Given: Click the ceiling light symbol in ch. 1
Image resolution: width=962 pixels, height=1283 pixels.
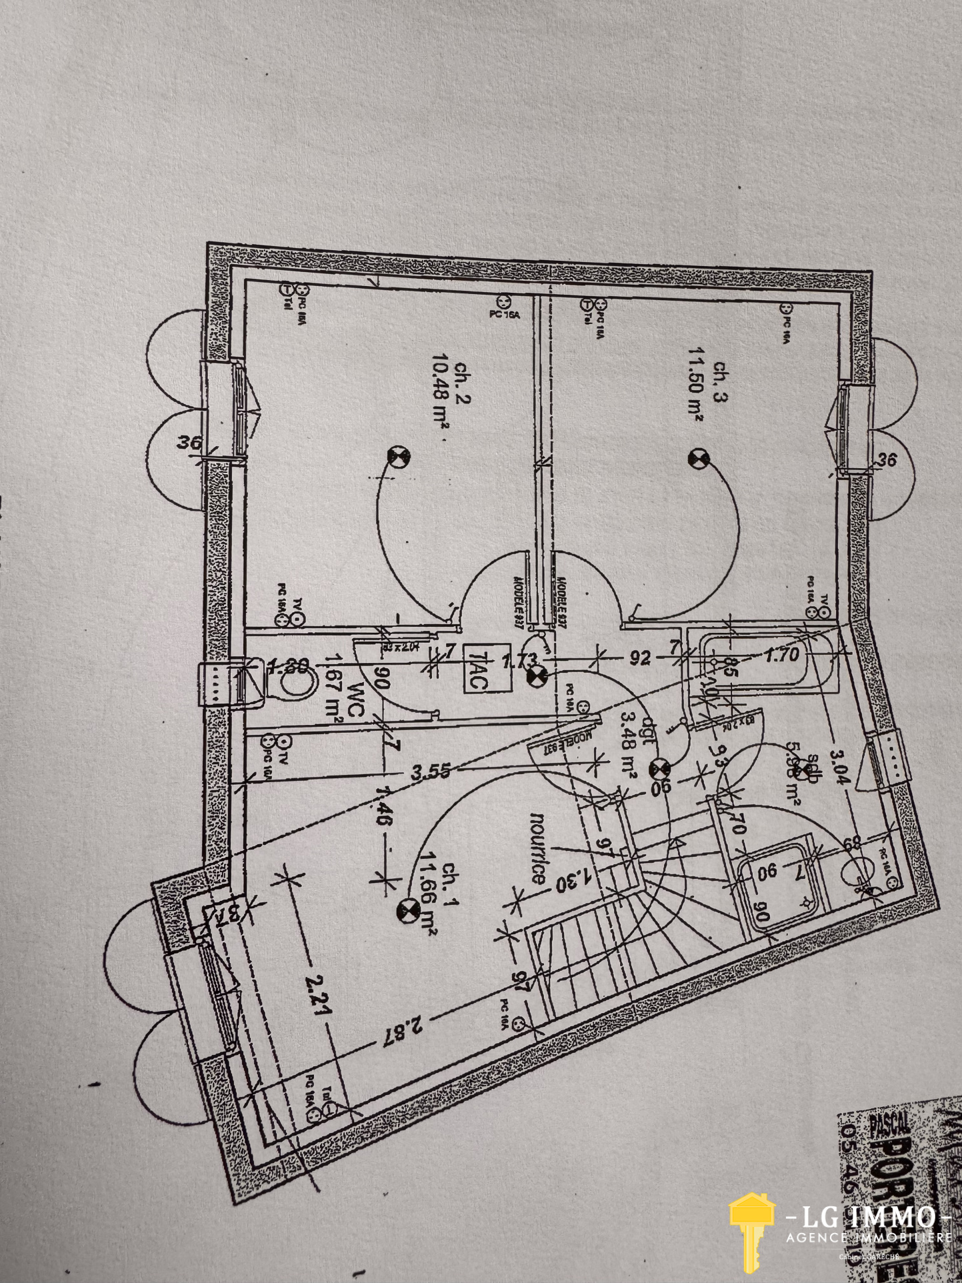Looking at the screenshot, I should pos(406,911).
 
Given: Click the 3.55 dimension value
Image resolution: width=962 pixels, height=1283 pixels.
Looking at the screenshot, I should pos(430,774).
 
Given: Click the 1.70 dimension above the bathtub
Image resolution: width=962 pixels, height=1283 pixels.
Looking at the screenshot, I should pos(781,656).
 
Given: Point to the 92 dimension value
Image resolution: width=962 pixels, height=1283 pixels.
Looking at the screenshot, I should pos(639,658).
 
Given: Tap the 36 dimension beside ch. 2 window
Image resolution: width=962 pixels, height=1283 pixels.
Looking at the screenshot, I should pos(190,442).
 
